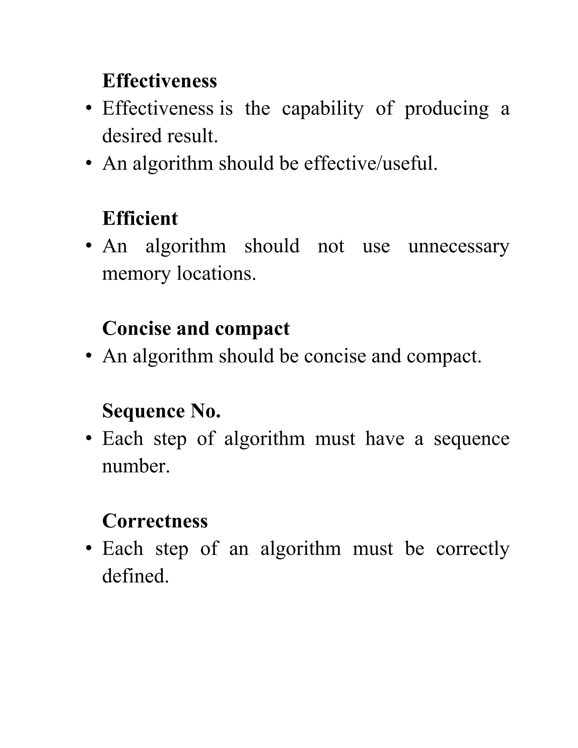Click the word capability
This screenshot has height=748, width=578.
(323, 109)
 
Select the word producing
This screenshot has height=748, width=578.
(446, 109)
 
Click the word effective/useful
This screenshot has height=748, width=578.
(371, 163)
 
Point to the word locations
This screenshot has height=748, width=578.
(216, 273)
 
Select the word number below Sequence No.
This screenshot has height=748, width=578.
(136, 466)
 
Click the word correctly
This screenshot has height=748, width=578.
(472, 549)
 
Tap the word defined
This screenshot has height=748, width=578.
(135, 576)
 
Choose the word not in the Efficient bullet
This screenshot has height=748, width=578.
(331, 246)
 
